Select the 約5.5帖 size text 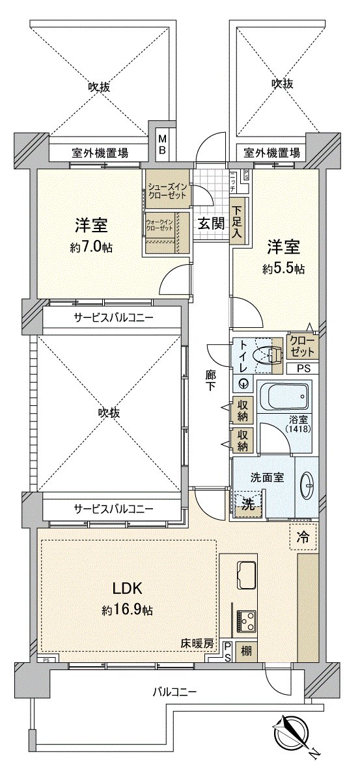click(284, 267)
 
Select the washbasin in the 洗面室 click(308, 483)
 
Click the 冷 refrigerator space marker click(303, 538)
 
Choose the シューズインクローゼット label click(167, 191)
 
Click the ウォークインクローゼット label click(159, 226)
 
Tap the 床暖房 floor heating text click(197, 643)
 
